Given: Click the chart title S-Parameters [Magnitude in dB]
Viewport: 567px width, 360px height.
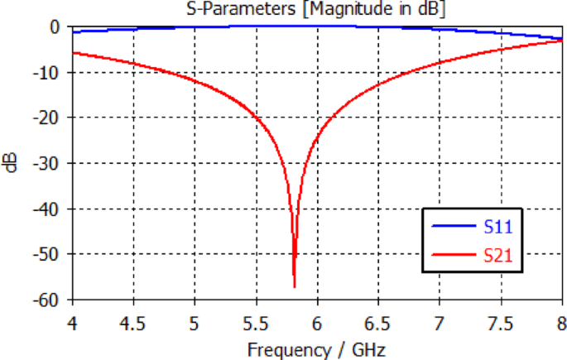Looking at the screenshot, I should coord(317,9).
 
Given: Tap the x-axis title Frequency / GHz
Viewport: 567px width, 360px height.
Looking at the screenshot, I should coord(317,348).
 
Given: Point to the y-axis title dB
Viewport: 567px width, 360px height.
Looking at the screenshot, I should coord(10,163).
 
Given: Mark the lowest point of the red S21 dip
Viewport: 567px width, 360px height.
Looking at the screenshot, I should coord(295,286).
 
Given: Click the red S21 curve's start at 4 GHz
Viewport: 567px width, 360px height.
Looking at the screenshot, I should coord(73,53).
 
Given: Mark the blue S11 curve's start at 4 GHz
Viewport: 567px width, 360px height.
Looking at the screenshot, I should coord(73,31).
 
